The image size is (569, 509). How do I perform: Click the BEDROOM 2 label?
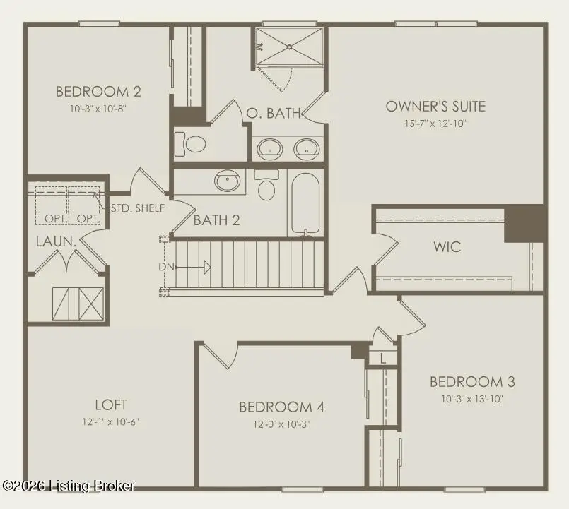98,91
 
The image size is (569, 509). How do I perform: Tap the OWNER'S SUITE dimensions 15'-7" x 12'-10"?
435,123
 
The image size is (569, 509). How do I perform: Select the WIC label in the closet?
447,246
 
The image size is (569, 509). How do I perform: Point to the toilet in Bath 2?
266,187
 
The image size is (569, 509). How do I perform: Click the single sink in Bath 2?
227,181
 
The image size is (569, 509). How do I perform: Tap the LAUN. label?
56,241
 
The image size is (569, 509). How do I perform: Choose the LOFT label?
110,405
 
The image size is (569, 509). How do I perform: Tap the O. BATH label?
274,112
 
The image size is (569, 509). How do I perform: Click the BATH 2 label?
216,220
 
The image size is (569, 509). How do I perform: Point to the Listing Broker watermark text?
69,486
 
